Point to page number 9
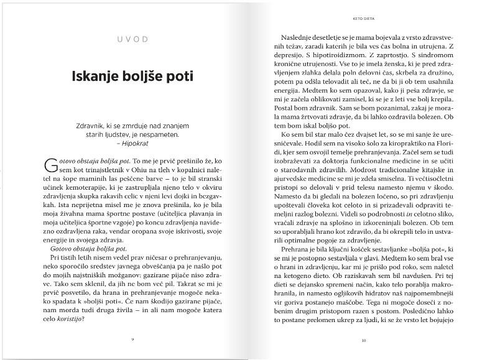[x=132, y=339]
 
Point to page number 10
[x=364, y=339]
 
